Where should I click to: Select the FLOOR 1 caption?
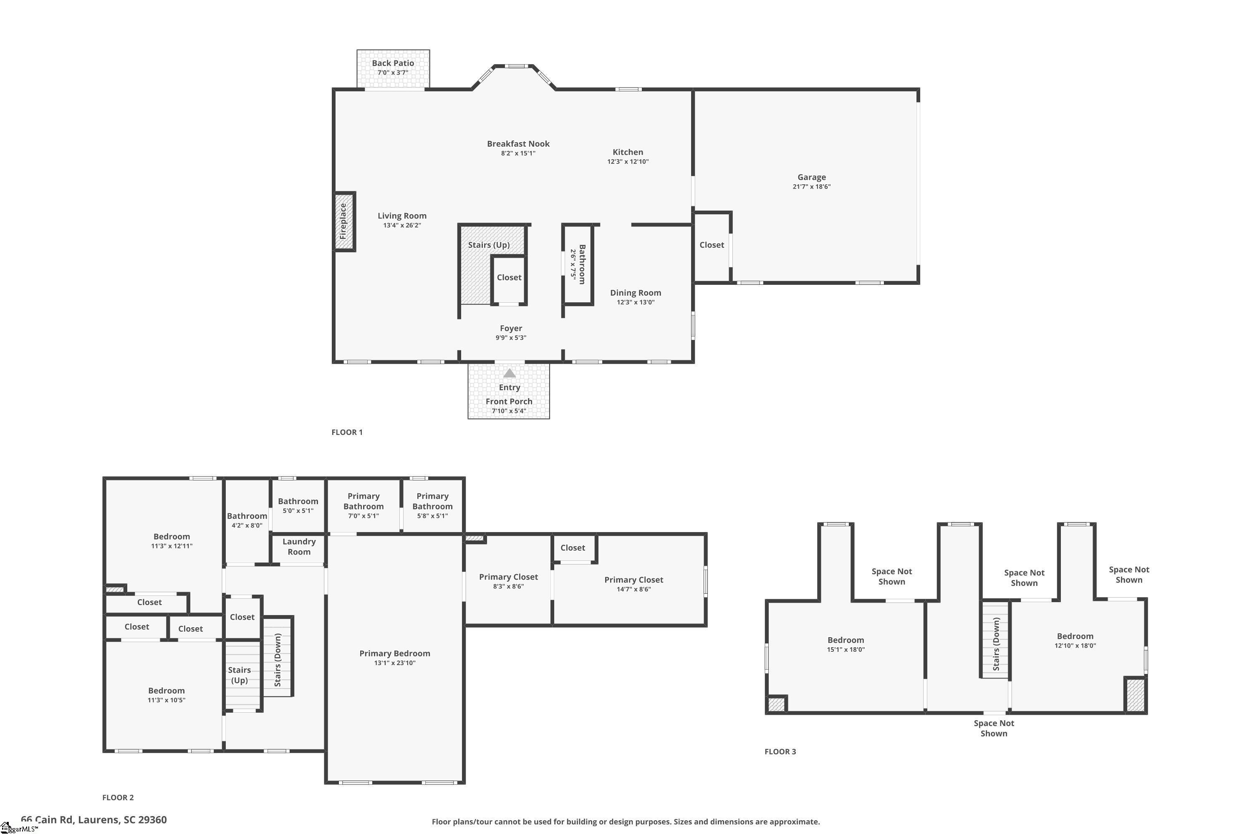pyautogui.click(x=347, y=432)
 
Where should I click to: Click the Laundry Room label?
pyautogui.click(x=299, y=547)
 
